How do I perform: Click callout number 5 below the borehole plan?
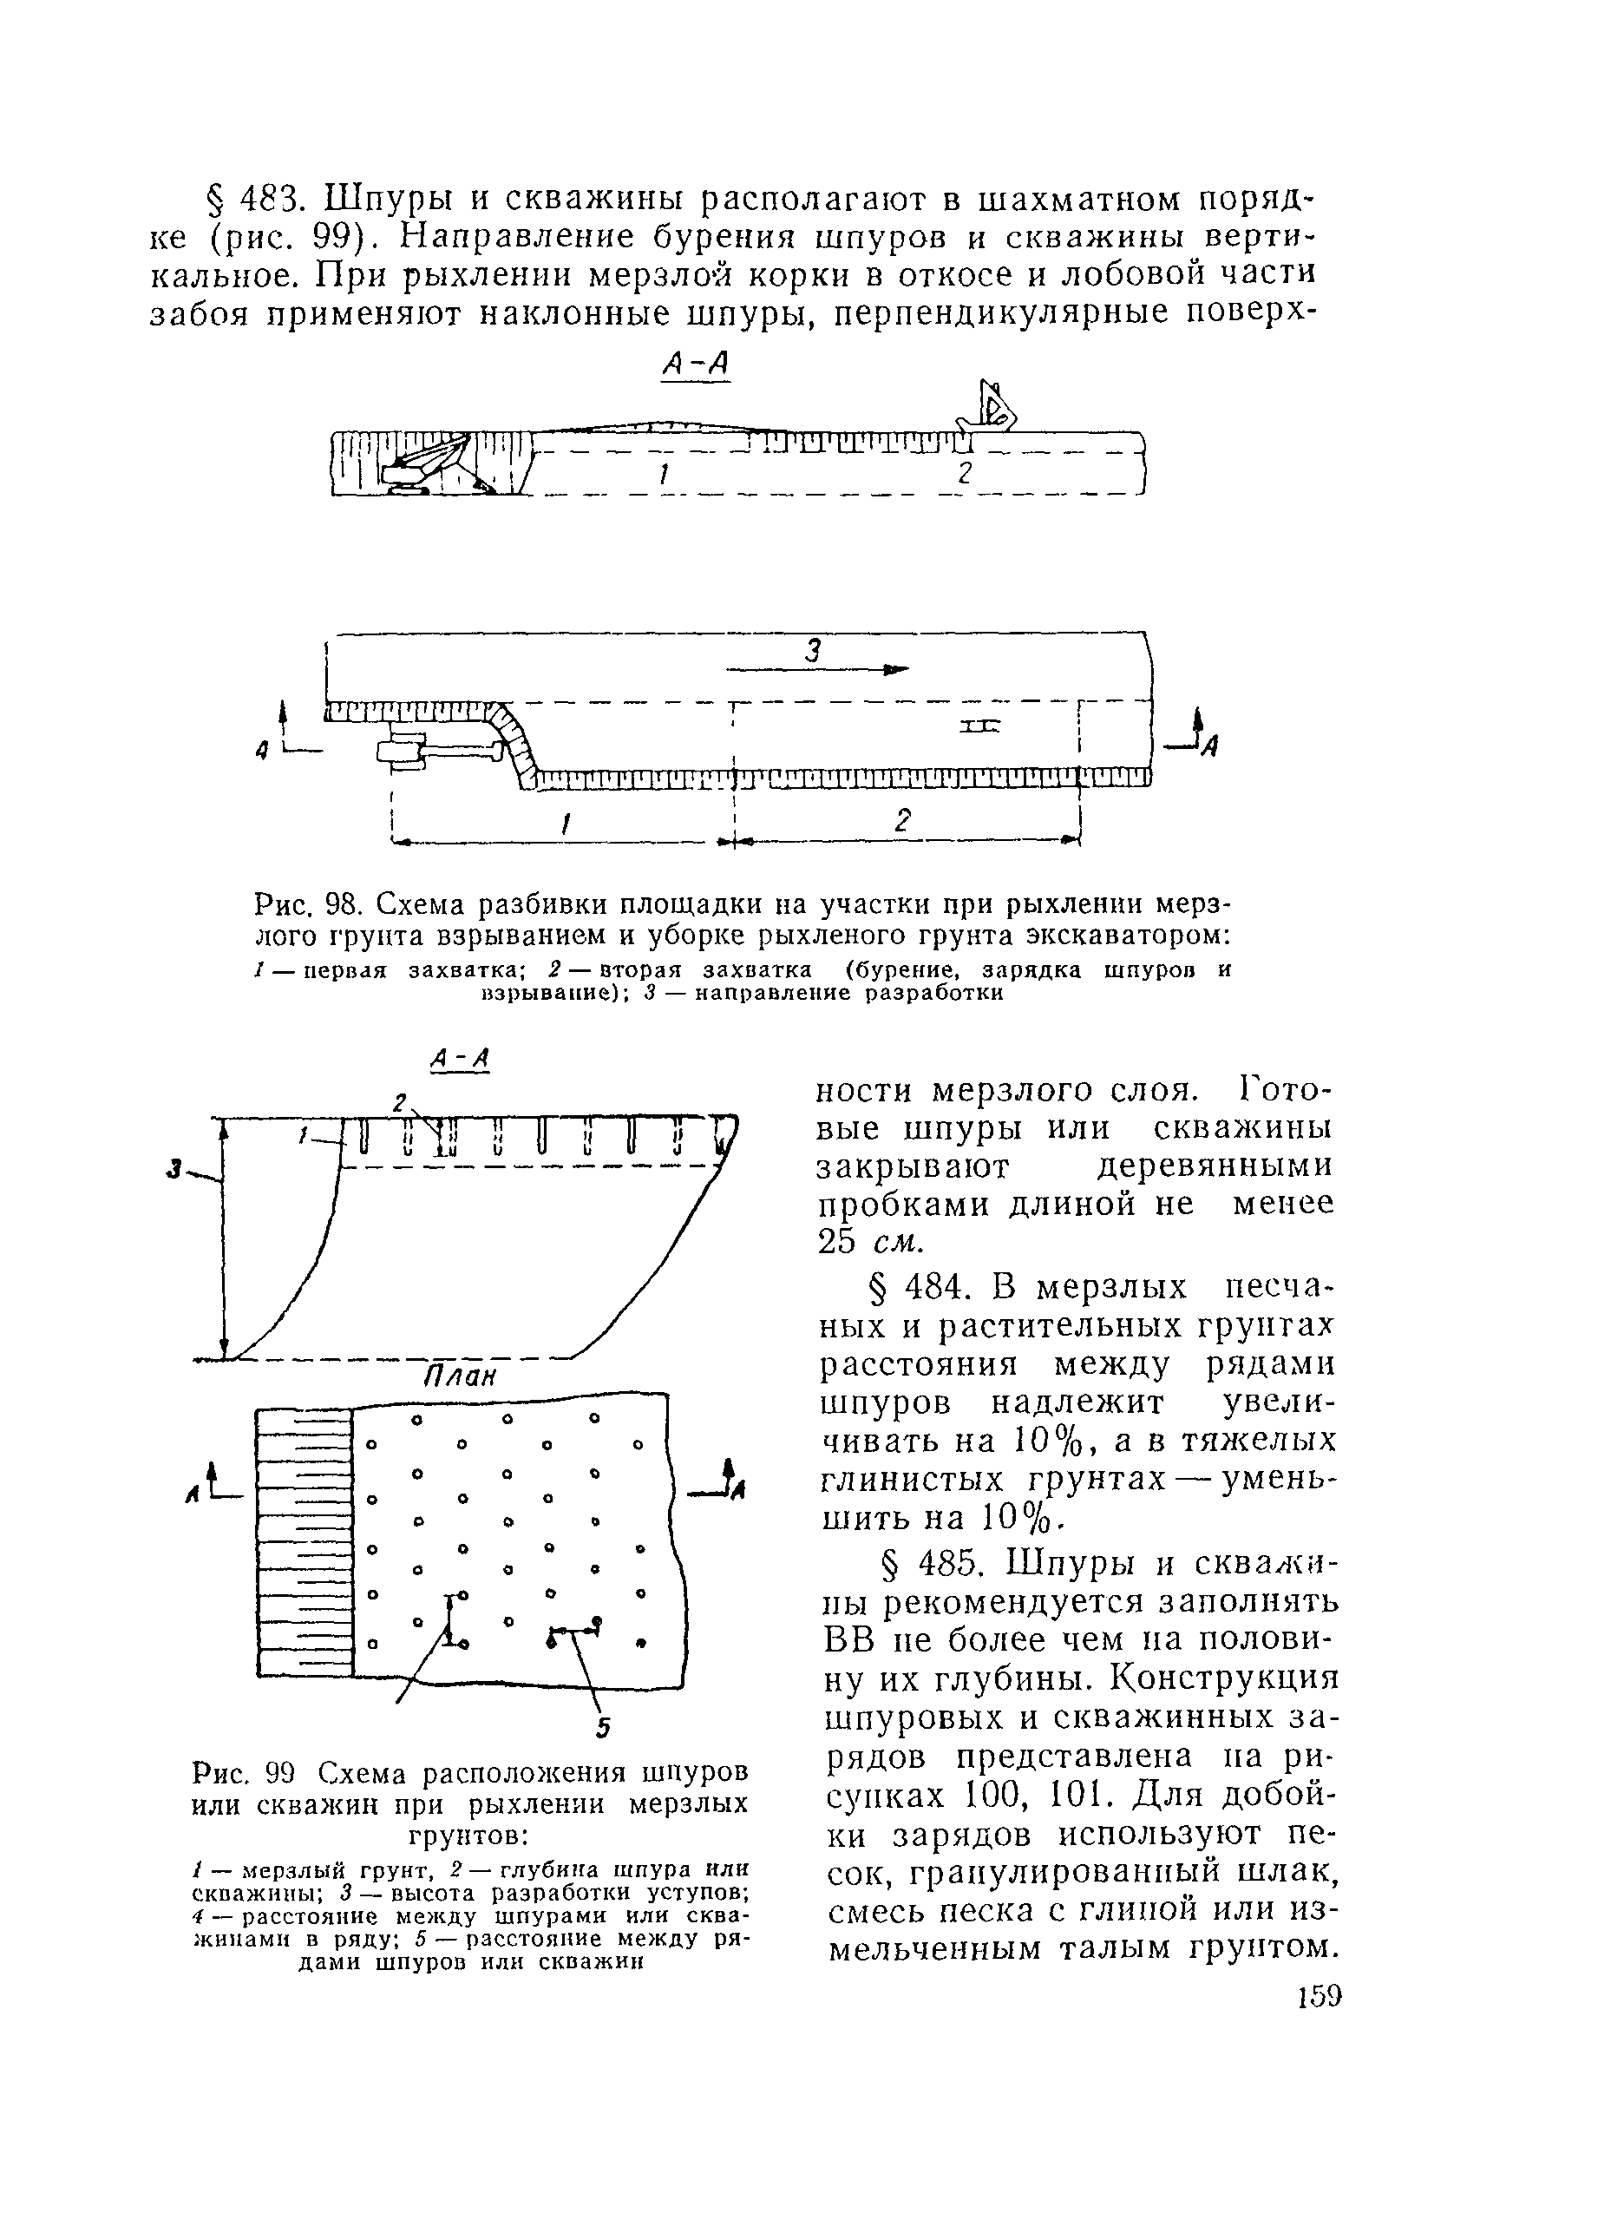[x=603, y=1728]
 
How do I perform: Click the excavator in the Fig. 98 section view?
[x=423, y=463]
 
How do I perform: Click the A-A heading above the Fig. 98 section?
[x=695, y=365]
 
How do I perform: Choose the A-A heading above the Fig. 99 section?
[x=461, y=1060]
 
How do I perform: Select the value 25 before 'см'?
[x=837, y=1243]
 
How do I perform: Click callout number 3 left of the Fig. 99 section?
[x=174, y=1170]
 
